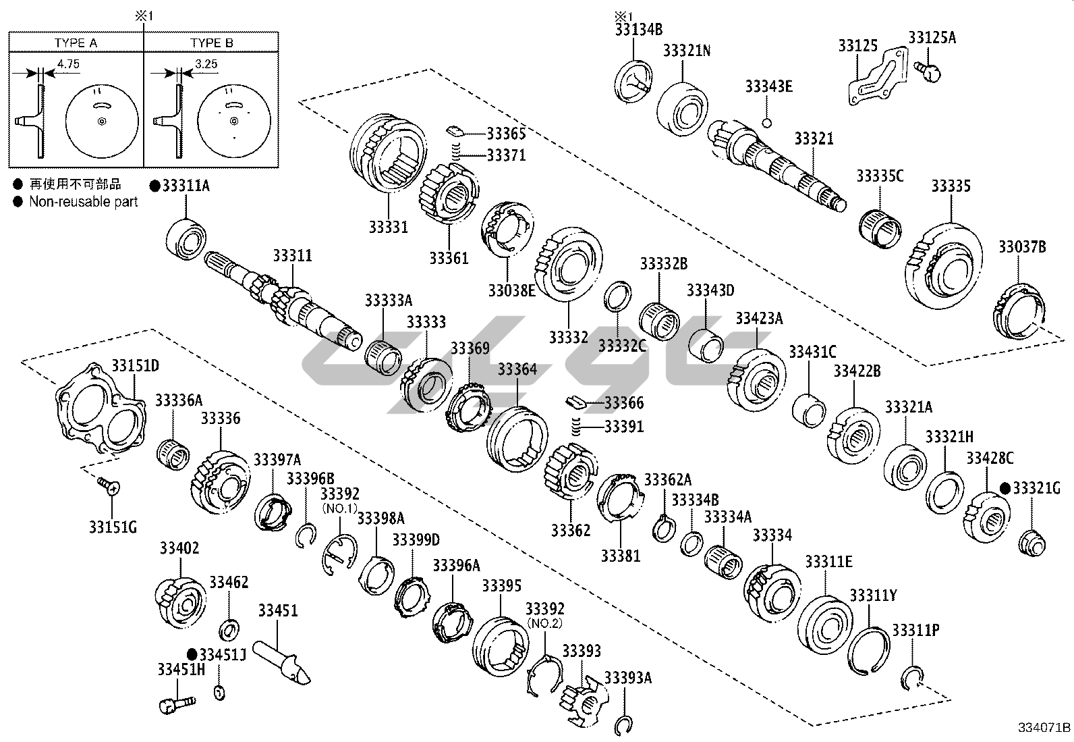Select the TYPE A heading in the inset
[76, 43]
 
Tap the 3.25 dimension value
[206, 64]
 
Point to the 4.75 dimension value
[69, 64]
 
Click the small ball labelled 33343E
[766, 122]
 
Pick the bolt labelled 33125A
[929, 70]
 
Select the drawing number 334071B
[1044, 728]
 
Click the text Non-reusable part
[83, 201]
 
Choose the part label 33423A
[759, 319]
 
